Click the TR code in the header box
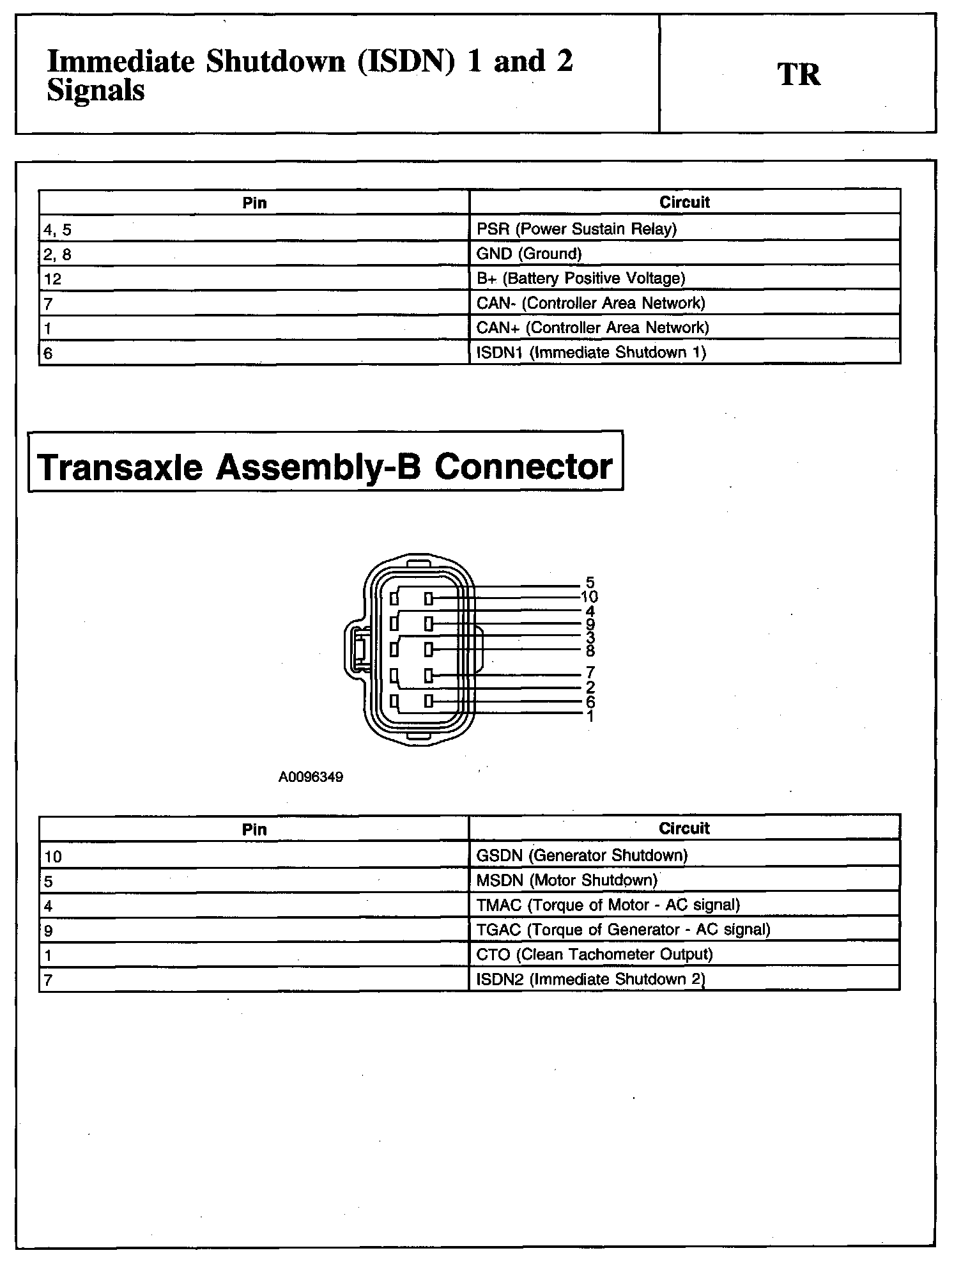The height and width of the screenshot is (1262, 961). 798,74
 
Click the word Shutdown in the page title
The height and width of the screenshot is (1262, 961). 275,62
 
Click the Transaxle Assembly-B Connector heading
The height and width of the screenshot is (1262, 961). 325,467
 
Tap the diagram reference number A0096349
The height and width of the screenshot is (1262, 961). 311,777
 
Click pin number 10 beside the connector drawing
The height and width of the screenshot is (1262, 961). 589,597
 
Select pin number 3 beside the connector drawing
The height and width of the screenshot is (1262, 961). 590,637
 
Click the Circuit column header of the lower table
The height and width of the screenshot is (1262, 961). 684,829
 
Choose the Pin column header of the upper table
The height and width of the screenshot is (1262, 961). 254,203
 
